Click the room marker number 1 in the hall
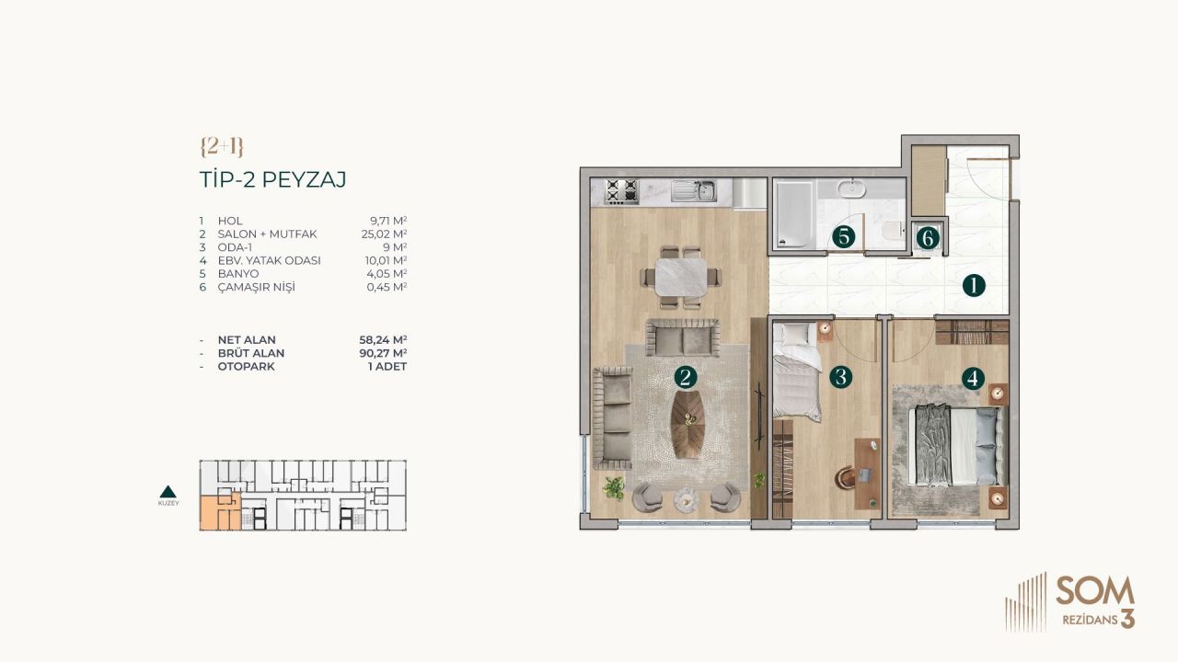(x=973, y=285)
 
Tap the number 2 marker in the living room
(x=684, y=376)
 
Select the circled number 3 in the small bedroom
(x=839, y=376)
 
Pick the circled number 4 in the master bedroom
(x=972, y=376)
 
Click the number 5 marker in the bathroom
(x=842, y=236)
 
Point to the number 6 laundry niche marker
(x=928, y=238)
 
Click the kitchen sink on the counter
(x=695, y=191)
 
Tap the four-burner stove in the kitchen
(x=621, y=191)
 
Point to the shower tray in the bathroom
(x=792, y=214)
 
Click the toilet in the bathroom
(x=889, y=233)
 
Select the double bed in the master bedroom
(x=953, y=446)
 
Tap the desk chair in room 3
(x=847, y=476)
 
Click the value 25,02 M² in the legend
(x=387, y=234)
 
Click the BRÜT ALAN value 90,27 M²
(x=387, y=353)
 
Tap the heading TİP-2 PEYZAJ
(x=272, y=179)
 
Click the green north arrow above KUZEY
(x=168, y=491)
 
